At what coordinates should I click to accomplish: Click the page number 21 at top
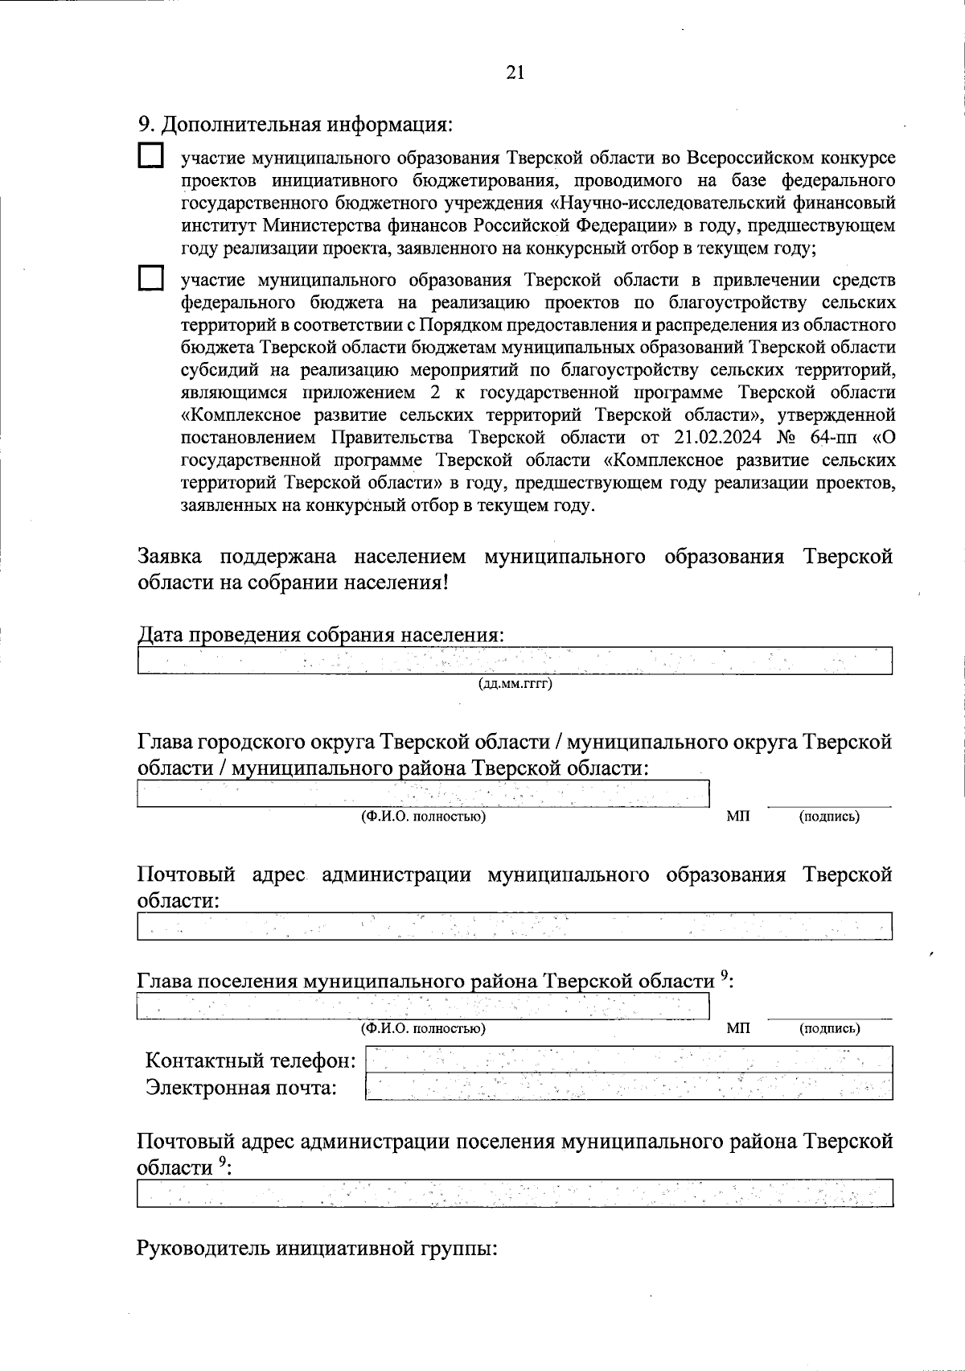[515, 72]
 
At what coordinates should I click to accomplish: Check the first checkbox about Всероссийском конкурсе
[150, 155]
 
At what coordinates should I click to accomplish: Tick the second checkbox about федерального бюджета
[150, 279]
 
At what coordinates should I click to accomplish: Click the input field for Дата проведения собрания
[515, 661]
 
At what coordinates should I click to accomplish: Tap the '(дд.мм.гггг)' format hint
[515, 685]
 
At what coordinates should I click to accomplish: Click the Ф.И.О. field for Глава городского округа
[423, 793]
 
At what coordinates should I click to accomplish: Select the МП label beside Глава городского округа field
[737, 817]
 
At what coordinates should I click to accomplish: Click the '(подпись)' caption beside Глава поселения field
[829, 1028]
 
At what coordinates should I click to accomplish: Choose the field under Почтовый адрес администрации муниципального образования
[515, 926]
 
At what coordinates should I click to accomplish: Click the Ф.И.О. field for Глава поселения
[423, 1006]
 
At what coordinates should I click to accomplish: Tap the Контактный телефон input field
[628, 1059]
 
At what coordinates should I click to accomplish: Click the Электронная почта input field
[628, 1087]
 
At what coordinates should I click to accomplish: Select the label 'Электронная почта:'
[241, 1088]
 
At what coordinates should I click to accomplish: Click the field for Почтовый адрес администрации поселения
[515, 1192]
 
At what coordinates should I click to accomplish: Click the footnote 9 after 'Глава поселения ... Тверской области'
[724, 976]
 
